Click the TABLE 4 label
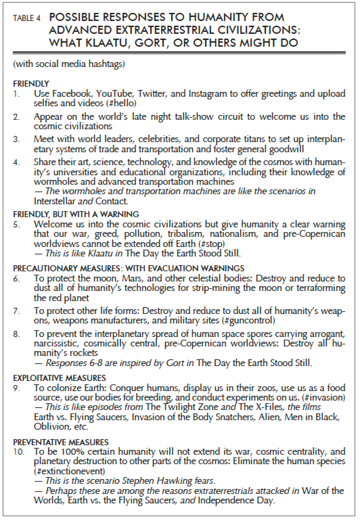point(27,18)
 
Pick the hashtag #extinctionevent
point(69,471)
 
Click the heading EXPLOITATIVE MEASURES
point(59,378)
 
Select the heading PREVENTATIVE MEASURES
point(61,442)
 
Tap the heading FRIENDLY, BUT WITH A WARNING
point(76,214)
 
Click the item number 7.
point(17,311)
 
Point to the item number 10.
point(18,452)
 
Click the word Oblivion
point(51,426)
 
